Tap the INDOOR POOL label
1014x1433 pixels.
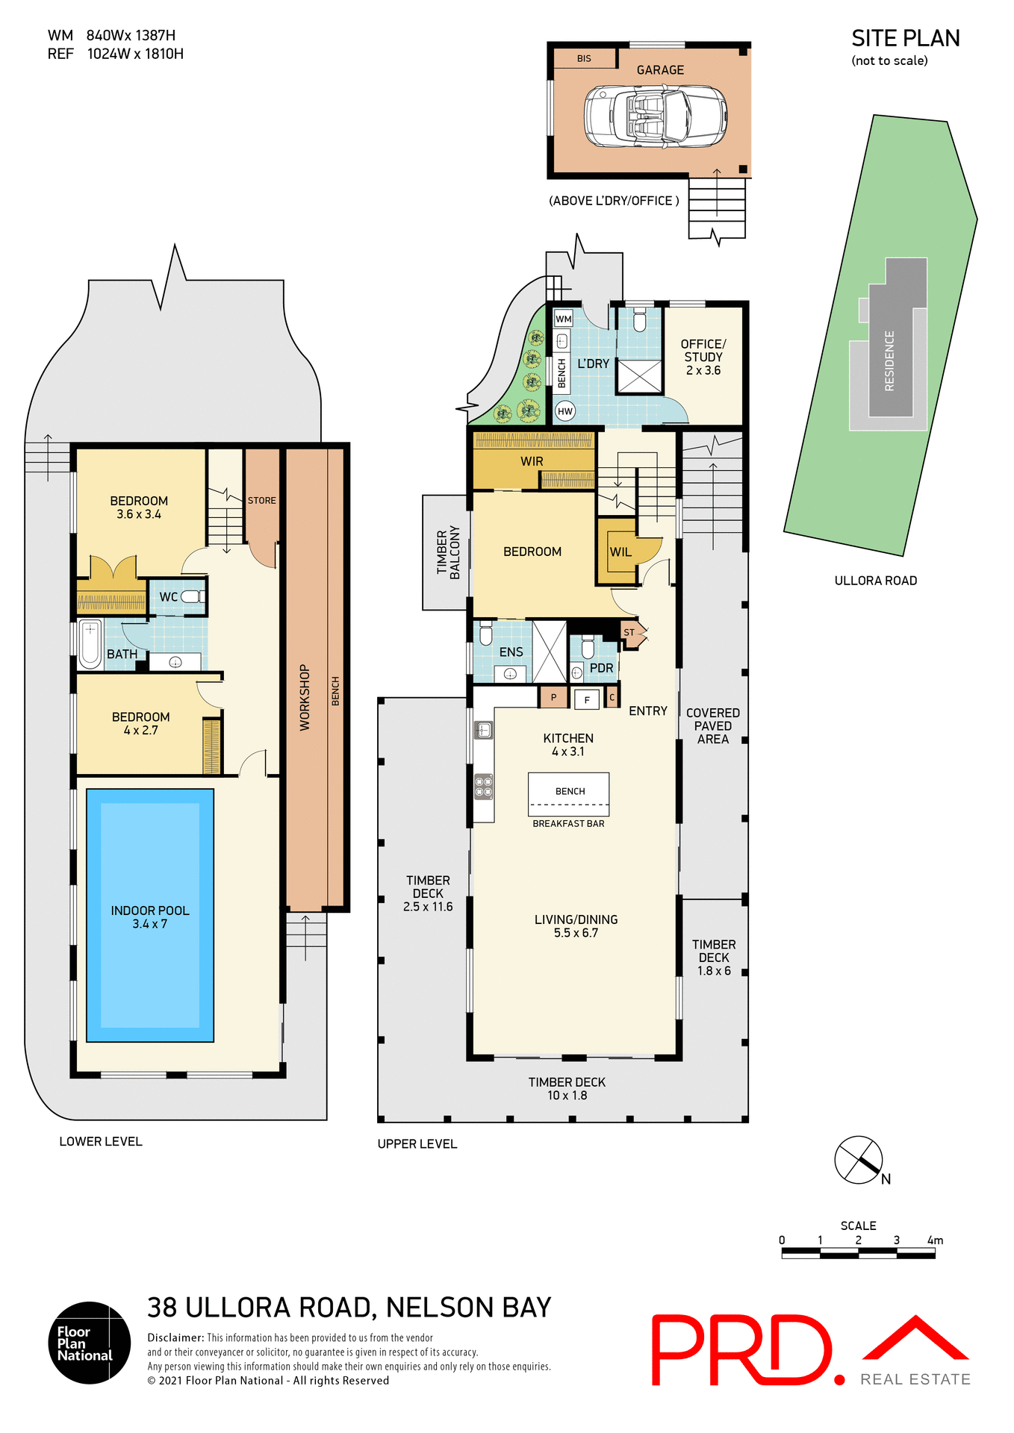click(x=150, y=917)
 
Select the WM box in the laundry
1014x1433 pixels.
click(x=564, y=319)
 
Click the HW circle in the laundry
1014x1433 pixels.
click(x=565, y=411)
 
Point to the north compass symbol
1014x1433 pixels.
click(x=859, y=1159)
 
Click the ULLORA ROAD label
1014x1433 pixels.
click(x=875, y=581)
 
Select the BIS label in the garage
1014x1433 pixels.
click(x=584, y=58)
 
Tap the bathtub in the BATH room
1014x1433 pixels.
click(x=90, y=643)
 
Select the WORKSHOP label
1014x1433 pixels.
click(x=305, y=697)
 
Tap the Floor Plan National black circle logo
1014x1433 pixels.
click(x=90, y=1343)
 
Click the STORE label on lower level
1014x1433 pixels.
click(x=262, y=501)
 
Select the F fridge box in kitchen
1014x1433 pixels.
click(x=587, y=700)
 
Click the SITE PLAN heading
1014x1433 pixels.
click(x=905, y=39)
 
